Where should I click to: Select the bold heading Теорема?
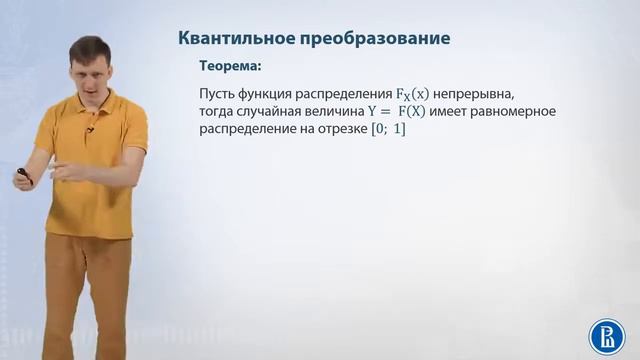(x=231, y=67)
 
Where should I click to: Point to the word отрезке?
(x=337, y=128)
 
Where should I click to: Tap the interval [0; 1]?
(x=386, y=128)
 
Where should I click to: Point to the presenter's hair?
(x=90, y=45)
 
